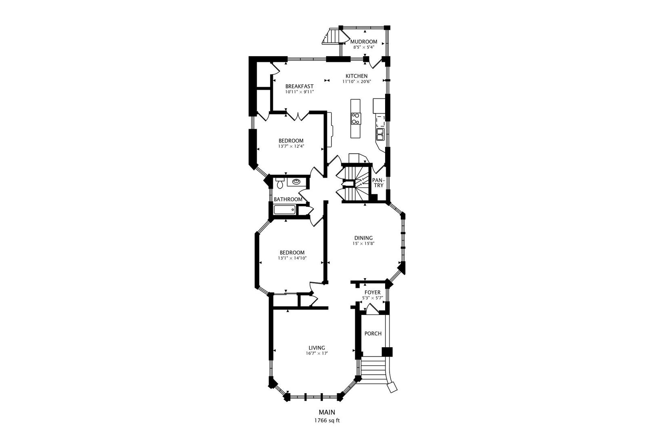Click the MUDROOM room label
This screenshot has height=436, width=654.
pyautogui.click(x=363, y=42)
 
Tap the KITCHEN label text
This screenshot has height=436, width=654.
pyautogui.click(x=356, y=76)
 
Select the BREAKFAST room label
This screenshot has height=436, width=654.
pyautogui.click(x=299, y=86)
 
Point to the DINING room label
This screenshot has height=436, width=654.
pyautogui.click(x=363, y=238)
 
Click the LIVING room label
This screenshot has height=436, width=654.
pyautogui.click(x=317, y=348)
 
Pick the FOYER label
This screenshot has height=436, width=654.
pyautogui.click(x=373, y=292)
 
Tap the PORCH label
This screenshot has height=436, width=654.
pyautogui.click(x=373, y=333)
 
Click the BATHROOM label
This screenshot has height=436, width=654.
pyautogui.click(x=288, y=199)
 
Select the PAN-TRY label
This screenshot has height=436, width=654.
pyautogui.click(x=379, y=183)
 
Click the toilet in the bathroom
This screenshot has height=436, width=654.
pyautogui.click(x=280, y=183)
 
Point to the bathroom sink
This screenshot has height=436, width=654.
pyautogui.click(x=296, y=182)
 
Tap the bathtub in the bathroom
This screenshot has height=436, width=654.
pyautogui.click(x=284, y=210)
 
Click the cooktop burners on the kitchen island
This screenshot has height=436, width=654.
pyautogui.click(x=355, y=119)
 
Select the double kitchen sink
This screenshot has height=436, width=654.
pyautogui.click(x=380, y=134)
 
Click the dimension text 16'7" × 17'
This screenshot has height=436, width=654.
pyautogui.click(x=317, y=353)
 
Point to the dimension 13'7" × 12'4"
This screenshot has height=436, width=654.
pyautogui.click(x=291, y=146)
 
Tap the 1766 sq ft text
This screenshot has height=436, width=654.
pyautogui.click(x=327, y=421)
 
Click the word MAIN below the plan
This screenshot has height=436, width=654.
pyautogui.click(x=327, y=412)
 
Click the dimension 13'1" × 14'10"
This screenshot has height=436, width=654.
pyautogui.click(x=292, y=258)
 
